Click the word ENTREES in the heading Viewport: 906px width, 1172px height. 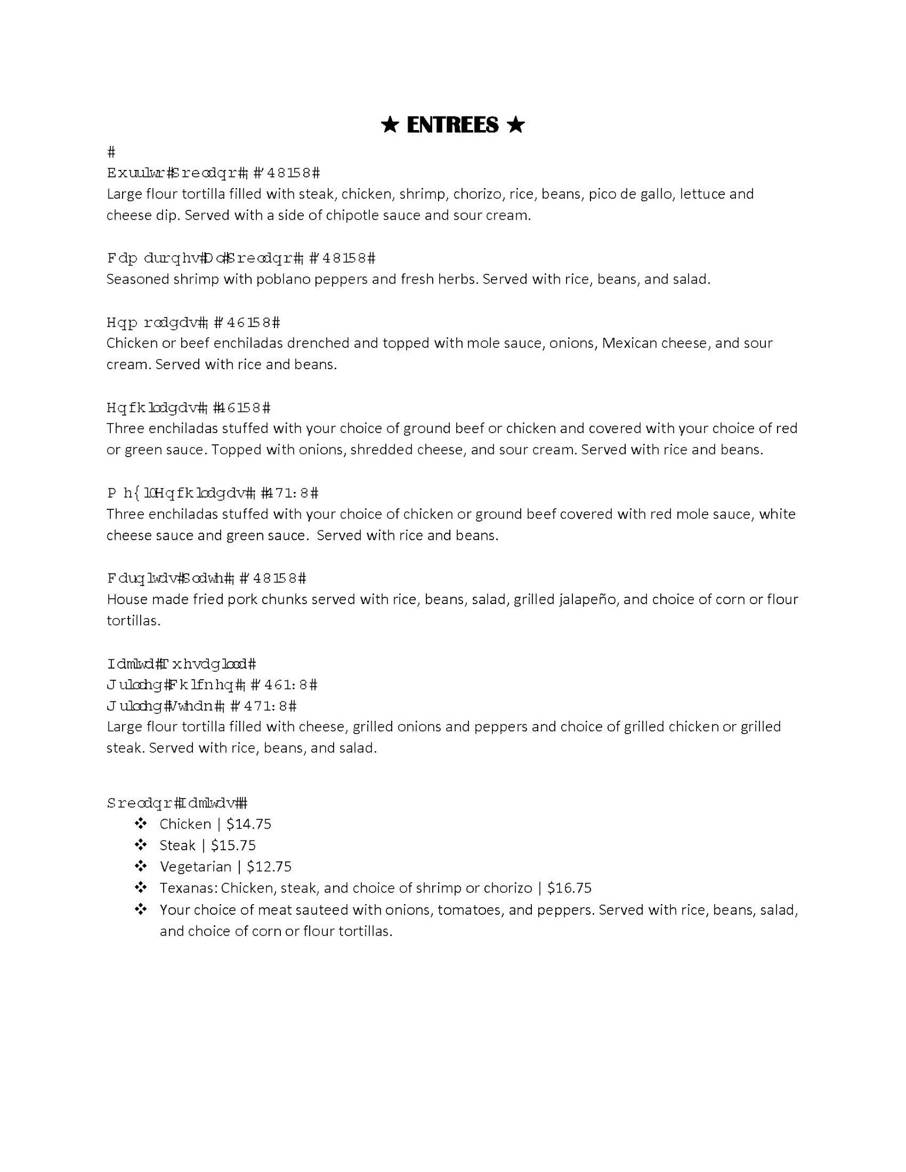pos(452,125)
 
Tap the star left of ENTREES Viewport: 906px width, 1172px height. pos(389,125)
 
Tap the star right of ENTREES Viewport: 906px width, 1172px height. pos(515,125)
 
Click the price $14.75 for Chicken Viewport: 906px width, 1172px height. pos(249,824)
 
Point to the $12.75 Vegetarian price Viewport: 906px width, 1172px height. pos(269,866)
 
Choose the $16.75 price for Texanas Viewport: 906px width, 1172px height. pos(569,888)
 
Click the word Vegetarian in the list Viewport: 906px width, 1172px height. pos(195,866)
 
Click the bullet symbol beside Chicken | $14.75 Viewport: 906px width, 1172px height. pos(141,824)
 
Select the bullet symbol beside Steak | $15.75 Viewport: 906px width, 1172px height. pos(141,845)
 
